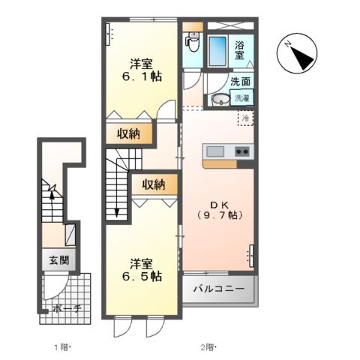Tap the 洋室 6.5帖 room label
pyautogui.click(x=141, y=270)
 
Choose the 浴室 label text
pyautogui.click(x=239, y=49)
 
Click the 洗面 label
pyautogui.click(x=240, y=82)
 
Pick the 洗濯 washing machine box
pyautogui.click(x=242, y=97)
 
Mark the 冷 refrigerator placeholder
pyautogui.click(x=244, y=118)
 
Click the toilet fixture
pyautogui.click(x=192, y=44)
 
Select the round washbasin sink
pyautogui.click(x=220, y=100)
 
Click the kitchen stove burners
pyautogui.click(x=242, y=151)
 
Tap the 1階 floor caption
pyautogui.click(x=61, y=346)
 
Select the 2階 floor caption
pyautogui.click(x=208, y=346)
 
